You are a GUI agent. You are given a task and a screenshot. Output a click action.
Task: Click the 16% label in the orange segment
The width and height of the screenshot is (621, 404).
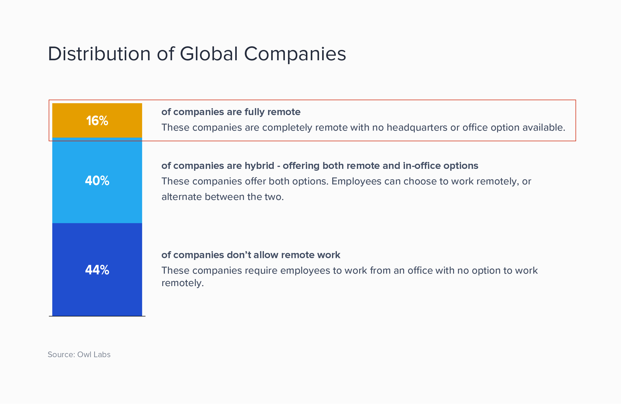coord(97,121)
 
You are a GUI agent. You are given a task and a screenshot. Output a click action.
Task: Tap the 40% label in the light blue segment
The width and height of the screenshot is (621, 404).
coord(97,181)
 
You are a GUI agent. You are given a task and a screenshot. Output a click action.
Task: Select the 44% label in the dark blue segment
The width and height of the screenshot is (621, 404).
coord(97,270)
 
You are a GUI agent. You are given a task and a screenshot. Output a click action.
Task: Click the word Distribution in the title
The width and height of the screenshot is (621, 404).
coord(99,54)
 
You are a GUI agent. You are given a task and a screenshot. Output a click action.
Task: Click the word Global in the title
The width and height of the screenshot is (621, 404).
coord(209,54)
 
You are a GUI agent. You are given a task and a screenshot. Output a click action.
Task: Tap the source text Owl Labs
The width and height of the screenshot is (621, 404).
coord(94,354)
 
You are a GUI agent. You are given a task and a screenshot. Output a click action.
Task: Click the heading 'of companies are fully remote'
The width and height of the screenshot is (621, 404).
coord(231,112)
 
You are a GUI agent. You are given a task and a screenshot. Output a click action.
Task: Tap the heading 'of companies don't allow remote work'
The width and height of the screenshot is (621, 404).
coord(251,255)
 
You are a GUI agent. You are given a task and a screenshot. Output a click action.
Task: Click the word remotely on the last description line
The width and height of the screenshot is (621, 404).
coord(183,283)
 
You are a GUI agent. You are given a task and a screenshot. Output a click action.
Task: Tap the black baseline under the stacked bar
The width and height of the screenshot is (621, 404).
coord(97,316)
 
